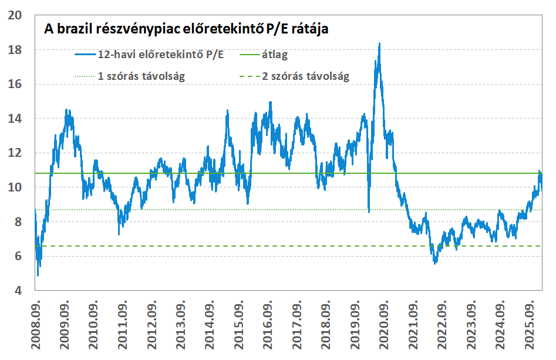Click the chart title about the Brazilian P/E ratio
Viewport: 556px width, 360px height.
pyautogui.click(x=186, y=29)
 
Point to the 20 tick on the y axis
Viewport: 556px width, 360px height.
pyautogui.click(x=15, y=15)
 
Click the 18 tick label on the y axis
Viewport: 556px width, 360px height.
pyautogui.click(x=15, y=50)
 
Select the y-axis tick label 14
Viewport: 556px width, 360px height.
pyautogui.click(x=15, y=119)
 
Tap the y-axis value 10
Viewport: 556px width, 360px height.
pyautogui.click(x=15, y=187)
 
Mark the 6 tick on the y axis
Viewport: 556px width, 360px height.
pyautogui.click(x=18, y=256)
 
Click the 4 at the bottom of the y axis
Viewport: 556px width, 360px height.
pyautogui.click(x=18, y=291)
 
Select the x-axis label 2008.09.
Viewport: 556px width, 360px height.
pyautogui.click(x=36, y=325)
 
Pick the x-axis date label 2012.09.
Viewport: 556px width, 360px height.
pyautogui.click(x=151, y=325)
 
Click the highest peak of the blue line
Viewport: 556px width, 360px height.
pyautogui.click(x=379, y=43)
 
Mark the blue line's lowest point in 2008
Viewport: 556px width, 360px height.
pyautogui.click(x=38, y=275)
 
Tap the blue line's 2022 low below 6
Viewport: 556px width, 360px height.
pyautogui.click(x=435, y=263)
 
